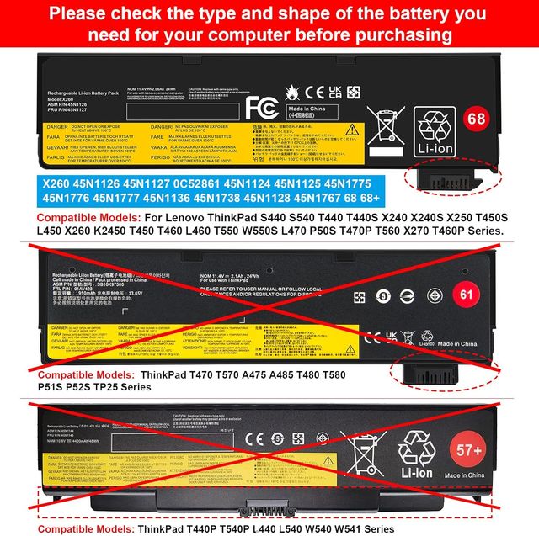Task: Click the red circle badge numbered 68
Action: tap(500, 118)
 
